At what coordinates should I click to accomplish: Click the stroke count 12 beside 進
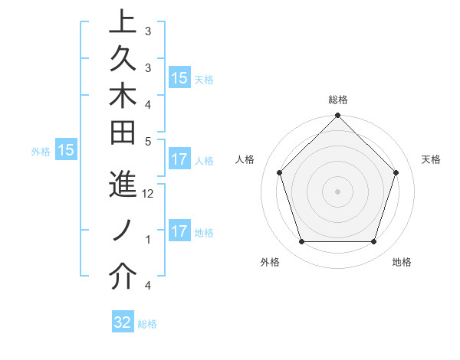pyautogui.click(x=149, y=194)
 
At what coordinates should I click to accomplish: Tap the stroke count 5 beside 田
pyautogui.click(x=148, y=140)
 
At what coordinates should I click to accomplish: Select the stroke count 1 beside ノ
pyautogui.click(x=148, y=240)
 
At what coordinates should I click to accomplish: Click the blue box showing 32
pyautogui.click(x=123, y=322)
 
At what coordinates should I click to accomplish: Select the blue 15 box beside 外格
pyautogui.click(x=66, y=151)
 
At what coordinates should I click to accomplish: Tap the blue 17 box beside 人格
pyautogui.click(x=179, y=160)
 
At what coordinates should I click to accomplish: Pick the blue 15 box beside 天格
pyautogui.click(x=179, y=78)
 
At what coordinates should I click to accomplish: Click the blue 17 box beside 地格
pyautogui.click(x=179, y=231)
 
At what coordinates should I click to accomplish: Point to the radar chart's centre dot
pyautogui.click(x=337, y=191)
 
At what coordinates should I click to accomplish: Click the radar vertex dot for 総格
pyautogui.click(x=337, y=116)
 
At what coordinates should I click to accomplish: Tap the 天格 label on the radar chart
pyautogui.click(x=431, y=159)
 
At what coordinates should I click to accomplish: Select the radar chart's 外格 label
pyautogui.click(x=270, y=262)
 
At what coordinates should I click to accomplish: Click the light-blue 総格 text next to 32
pyautogui.click(x=147, y=324)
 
